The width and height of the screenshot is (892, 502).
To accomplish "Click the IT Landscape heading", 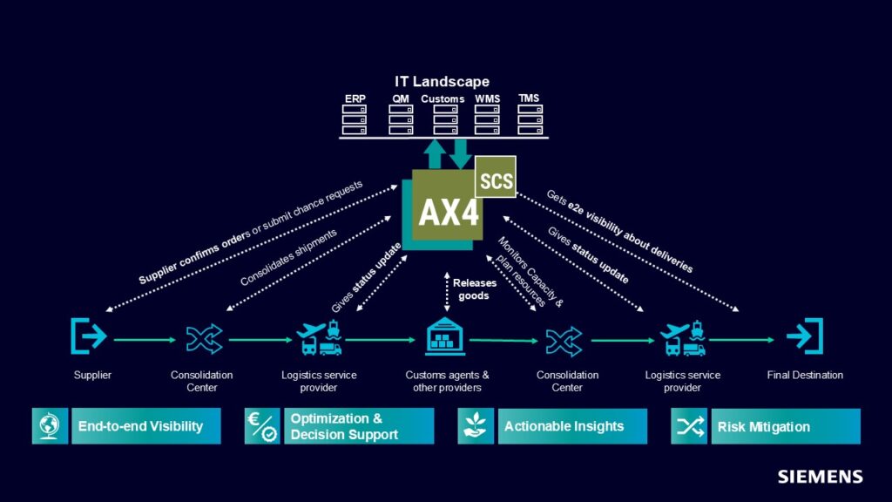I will click(x=442, y=82).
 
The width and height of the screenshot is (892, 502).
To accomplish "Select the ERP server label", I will click(x=355, y=98).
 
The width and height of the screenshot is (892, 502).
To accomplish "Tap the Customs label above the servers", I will click(x=443, y=98).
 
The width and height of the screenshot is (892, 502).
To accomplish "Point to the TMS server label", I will click(x=529, y=98).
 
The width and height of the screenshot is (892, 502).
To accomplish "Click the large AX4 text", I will click(x=449, y=212).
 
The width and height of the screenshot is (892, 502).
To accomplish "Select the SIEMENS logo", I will click(x=820, y=477).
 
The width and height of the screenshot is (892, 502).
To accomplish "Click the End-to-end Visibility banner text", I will click(x=140, y=426).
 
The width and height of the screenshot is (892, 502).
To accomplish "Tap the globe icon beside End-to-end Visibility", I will click(x=50, y=426).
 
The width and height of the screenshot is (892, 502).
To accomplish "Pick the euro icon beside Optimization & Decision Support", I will click(x=262, y=426).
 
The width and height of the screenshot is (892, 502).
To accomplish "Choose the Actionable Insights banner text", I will click(x=564, y=426).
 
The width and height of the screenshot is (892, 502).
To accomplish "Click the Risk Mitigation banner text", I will click(x=763, y=427).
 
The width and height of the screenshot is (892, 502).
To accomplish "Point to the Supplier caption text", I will click(x=92, y=376).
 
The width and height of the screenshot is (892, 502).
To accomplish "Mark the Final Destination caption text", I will click(x=805, y=376).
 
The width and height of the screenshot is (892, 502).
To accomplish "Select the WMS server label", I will click(x=488, y=98).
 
